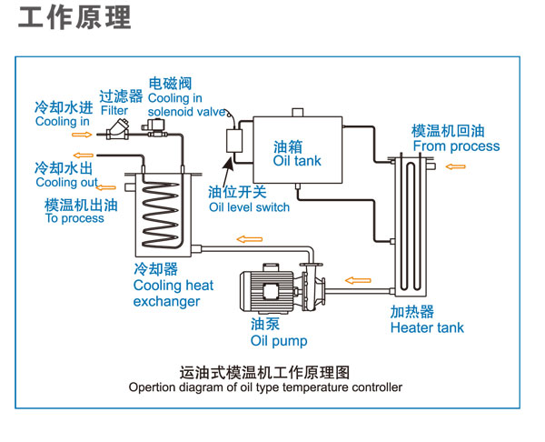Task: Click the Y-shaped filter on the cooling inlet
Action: tap(118, 129)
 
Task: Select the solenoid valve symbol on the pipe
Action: tap(154, 127)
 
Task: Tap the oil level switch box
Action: tap(234, 141)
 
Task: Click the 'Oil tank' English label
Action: tap(297, 161)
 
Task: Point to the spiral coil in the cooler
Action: tap(161, 215)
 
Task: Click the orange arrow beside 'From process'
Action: tap(455, 166)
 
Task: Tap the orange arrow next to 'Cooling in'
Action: tap(82, 135)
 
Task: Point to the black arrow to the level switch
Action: tap(226, 172)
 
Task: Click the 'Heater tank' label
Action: tap(427, 327)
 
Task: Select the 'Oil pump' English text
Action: tap(279, 341)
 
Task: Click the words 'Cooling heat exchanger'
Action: tap(173, 294)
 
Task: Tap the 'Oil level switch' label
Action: tap(249, 207)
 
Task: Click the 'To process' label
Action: tap(74, 218)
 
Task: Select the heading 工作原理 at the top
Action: tap(74, 17)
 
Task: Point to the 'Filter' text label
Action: tap(114, 111)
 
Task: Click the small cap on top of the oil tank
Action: tap(298, 112)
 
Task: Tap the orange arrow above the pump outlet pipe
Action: tap(250, 239)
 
